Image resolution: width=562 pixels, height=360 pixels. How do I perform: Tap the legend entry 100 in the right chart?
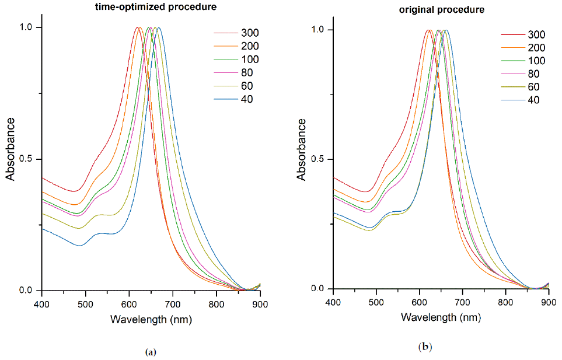coord(536,61)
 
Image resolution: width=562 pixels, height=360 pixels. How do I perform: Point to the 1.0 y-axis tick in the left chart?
coord(27,28)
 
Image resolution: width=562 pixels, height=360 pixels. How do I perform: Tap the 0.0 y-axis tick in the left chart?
coord(27,290)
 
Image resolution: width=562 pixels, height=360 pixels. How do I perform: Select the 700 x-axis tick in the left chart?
coord(173,303)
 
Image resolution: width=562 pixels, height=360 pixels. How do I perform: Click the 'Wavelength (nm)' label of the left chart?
coord(151,320)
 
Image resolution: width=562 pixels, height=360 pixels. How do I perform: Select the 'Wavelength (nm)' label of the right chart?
coord(441,318)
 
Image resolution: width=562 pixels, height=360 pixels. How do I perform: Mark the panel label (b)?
coord(425,348)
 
